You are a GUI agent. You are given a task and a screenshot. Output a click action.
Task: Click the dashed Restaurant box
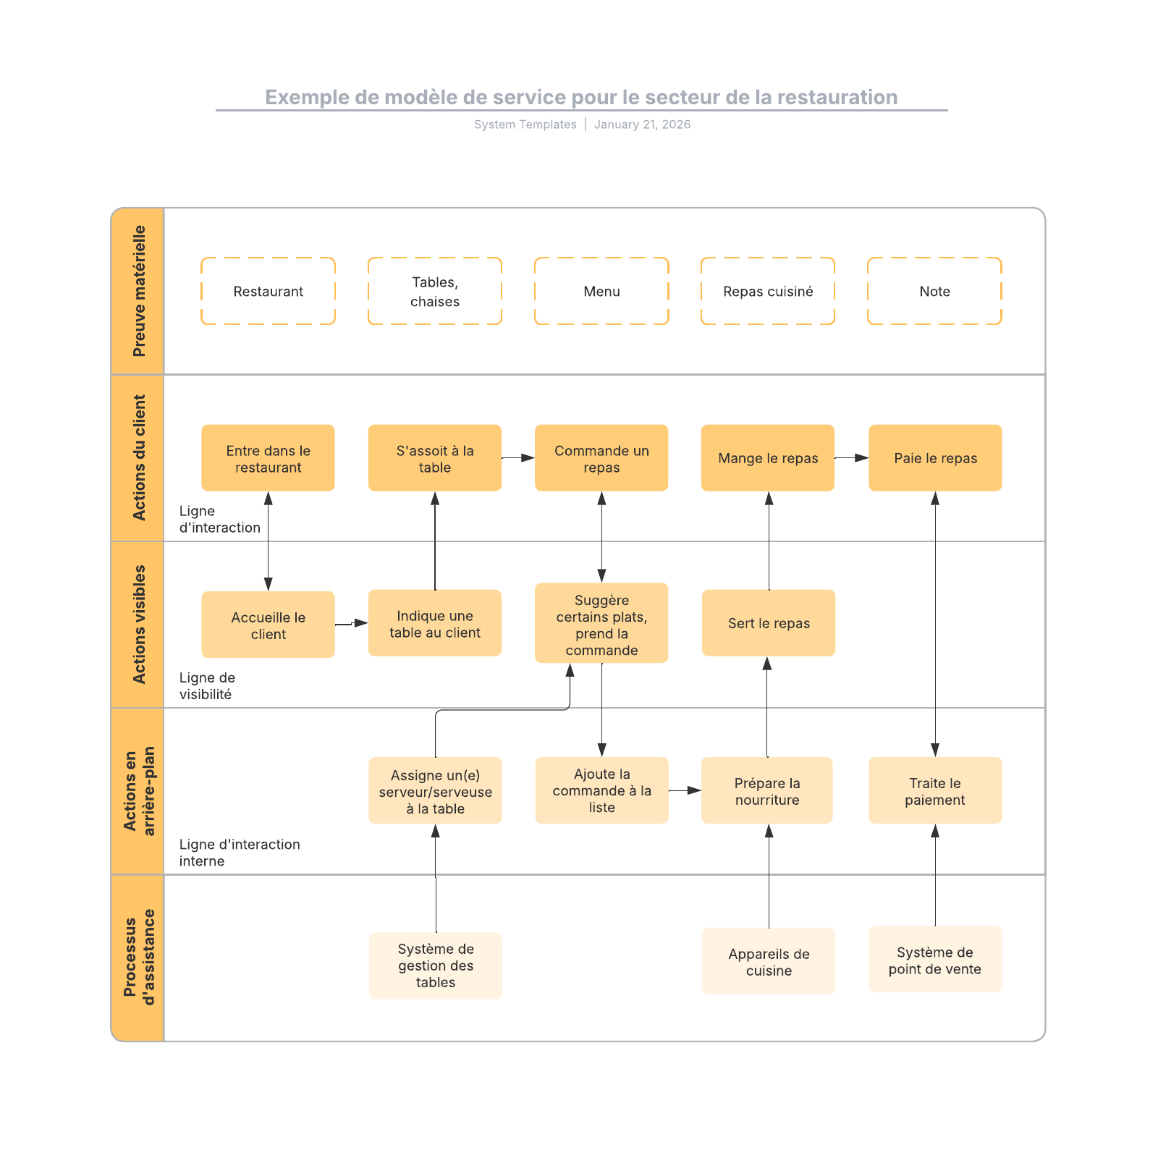(x=268, y=291)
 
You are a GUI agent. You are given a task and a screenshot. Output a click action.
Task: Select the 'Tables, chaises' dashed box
(x=434, y=291)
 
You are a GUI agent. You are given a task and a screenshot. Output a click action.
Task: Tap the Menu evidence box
(x=601, y=291)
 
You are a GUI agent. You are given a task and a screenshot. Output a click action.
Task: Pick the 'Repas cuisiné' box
(x=768, y=291)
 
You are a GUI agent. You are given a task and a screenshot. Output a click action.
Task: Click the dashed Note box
(x=934, y=291)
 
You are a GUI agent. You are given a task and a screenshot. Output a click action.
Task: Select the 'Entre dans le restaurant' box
(x=268, y=458)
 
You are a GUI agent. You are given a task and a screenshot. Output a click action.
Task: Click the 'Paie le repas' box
(x=935, y=458)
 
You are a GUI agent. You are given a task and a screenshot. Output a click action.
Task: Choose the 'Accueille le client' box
(x=268, y=625)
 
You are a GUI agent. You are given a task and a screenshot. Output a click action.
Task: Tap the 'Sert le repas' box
(x=769, y=623)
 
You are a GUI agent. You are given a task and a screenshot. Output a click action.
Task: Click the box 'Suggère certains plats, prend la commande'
(x=601, y=623)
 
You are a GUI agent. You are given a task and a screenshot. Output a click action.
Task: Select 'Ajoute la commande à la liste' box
(x=601, y=790)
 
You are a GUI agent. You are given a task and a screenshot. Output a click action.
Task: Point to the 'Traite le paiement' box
(x=935, y=790)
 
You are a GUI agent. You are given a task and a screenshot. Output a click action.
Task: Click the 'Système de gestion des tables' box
(x=435, y=965)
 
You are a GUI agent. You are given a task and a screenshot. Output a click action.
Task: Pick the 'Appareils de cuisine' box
(x=769, y=961)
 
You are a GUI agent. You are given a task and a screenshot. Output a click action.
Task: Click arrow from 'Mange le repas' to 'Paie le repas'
(x=851, y=458)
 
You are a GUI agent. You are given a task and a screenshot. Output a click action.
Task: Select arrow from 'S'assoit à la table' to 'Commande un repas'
(x=517, y=458)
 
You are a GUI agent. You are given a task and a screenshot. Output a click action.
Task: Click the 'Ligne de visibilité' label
(x=207, y=685)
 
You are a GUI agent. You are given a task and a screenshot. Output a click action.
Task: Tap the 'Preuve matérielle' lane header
(x=138, y=291)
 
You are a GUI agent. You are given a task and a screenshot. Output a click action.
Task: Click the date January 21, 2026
(x=642, y=124)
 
